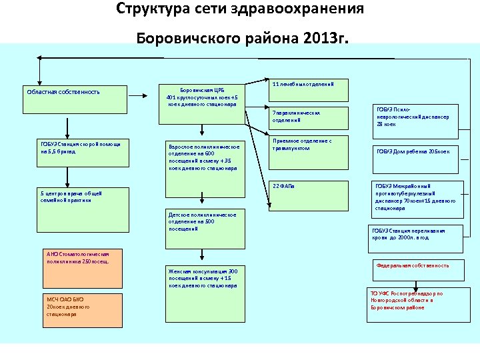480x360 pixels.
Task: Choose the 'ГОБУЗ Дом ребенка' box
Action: (416, 151)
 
